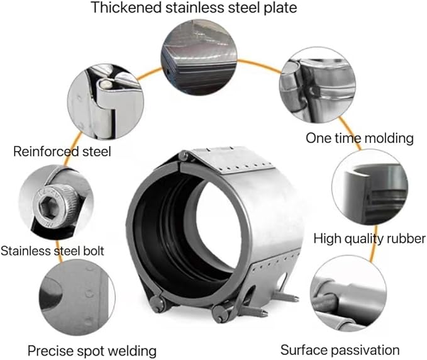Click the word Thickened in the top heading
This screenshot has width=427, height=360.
pos(126,8)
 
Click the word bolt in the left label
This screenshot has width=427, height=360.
pos(94,250)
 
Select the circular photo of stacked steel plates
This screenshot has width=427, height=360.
pos(199,57)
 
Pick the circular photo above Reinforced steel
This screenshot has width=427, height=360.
pos(106,102)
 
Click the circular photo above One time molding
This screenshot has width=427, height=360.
pos(318,84)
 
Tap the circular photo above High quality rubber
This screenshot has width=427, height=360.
pos(370,187)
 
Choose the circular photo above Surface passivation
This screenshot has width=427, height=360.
pos(348,293)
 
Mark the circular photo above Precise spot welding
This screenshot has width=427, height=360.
pos(77,297)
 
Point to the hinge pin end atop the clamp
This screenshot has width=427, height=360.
pos(183,156)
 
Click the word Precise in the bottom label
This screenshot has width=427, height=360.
pos(50,351)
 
